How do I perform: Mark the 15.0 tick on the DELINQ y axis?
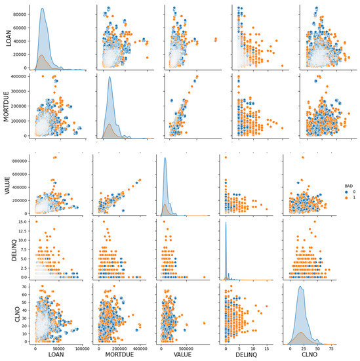point(18,222)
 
